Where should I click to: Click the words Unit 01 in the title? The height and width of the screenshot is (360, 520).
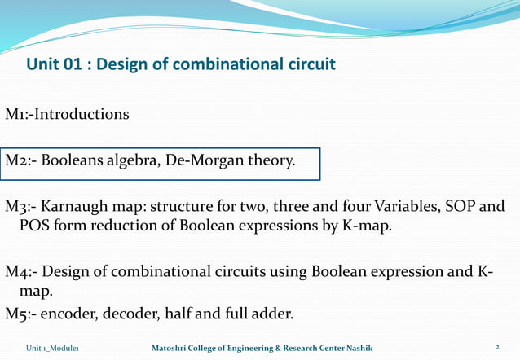point(57,64)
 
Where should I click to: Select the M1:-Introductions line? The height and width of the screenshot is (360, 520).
point(67,114)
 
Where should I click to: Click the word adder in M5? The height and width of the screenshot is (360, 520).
point(274,314)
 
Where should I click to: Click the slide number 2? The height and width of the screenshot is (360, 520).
point(496,348)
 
